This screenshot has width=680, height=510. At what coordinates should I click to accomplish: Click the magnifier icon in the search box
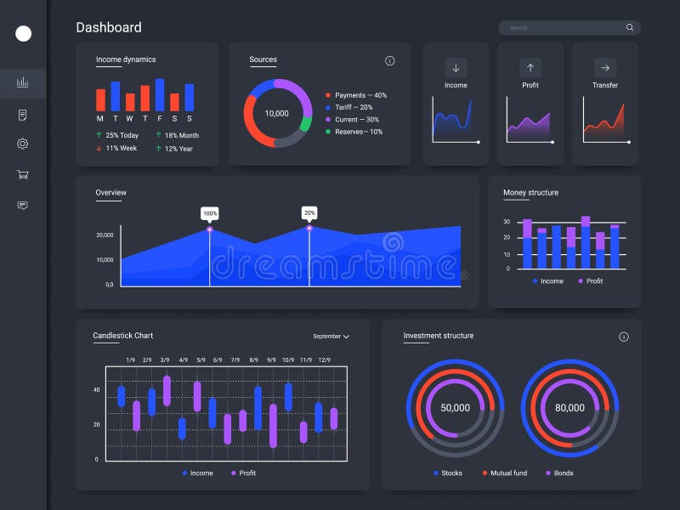point(630,27)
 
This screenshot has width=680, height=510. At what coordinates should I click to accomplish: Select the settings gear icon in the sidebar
point(23,144)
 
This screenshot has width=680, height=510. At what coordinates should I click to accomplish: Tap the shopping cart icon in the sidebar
point(23,174)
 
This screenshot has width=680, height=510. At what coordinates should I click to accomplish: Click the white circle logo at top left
point(24,33)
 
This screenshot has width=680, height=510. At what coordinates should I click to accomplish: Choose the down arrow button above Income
point(456,68)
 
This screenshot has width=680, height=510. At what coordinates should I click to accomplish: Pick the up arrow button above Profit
point(530,68)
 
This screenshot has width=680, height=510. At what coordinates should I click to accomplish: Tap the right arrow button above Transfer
point(605,68)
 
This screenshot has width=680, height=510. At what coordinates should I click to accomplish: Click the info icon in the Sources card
point(390,61)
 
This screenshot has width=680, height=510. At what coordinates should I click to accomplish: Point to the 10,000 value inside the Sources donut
point(276,114)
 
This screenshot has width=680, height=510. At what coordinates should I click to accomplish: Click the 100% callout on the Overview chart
point(210,212)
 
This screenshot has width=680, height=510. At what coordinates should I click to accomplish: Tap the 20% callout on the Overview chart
point(309,212)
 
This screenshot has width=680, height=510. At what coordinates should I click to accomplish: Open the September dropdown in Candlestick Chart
point(331,337)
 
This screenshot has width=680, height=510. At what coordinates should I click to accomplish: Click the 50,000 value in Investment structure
point(455,408)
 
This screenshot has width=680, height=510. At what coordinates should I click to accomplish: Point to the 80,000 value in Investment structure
point(569,408)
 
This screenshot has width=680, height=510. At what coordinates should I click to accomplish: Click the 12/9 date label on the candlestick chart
point(324,360)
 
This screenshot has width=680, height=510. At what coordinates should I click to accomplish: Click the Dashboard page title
point(109,27)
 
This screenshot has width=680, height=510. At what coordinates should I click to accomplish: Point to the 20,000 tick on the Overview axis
point(105,235)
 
